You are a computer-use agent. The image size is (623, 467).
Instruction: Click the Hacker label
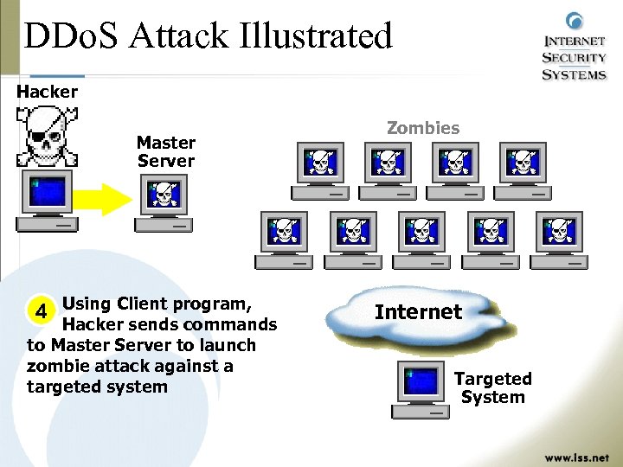48,91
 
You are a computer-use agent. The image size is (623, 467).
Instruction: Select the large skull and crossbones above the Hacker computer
47,135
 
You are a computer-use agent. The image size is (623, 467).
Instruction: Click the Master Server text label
166,151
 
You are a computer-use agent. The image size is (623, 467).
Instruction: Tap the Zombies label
422,128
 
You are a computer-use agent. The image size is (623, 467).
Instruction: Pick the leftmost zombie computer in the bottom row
283,239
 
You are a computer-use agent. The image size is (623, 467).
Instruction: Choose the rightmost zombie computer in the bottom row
561,239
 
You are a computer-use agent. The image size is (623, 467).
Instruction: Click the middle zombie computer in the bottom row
421,239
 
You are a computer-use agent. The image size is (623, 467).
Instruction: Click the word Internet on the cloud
418,311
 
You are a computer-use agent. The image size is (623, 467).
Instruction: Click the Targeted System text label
493,387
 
